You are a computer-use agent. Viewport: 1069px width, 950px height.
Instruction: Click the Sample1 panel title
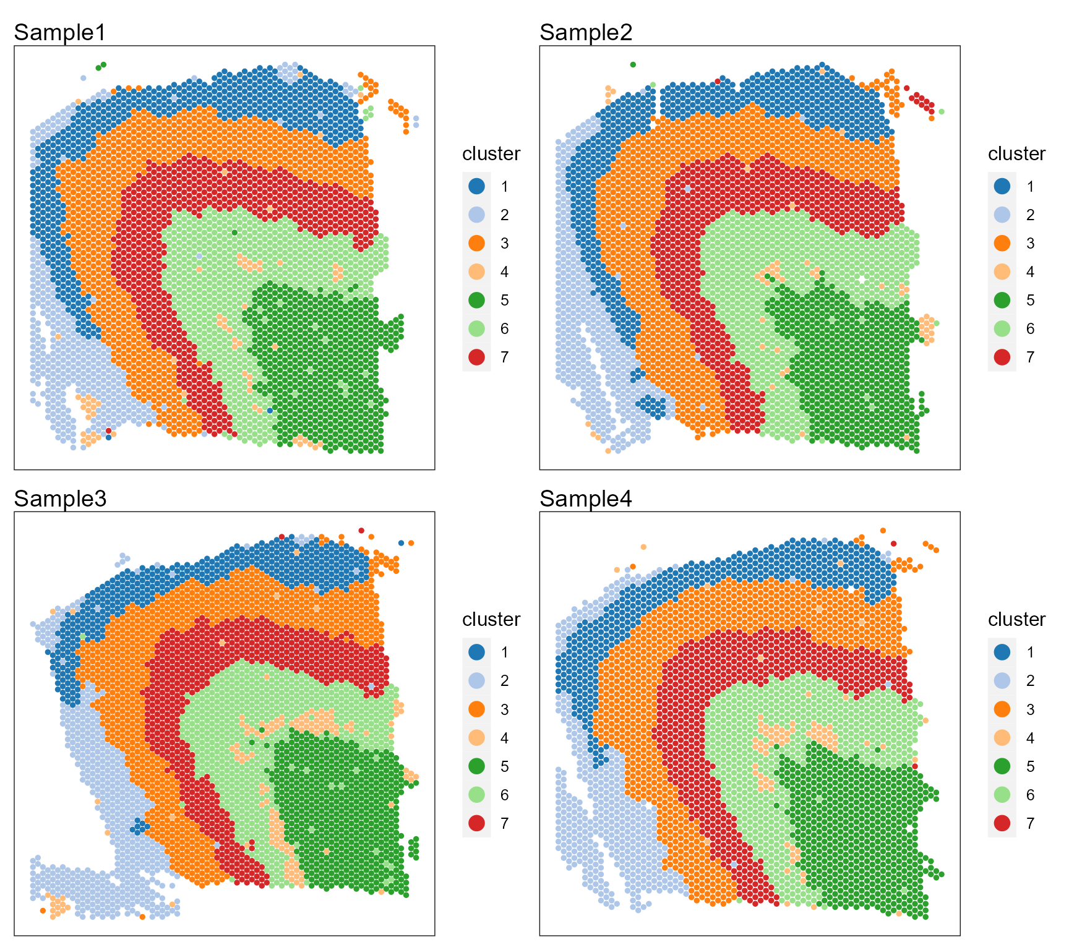[x=60, y=33]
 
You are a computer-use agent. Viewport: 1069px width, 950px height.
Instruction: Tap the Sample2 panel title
[x=586, y=33]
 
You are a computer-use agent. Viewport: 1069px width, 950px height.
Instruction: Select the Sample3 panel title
[x=60, y=499]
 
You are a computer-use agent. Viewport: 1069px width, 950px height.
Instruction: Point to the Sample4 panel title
[x=586, y=499]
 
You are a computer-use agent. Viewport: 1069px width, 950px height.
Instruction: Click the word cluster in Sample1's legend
[x=491, y=153]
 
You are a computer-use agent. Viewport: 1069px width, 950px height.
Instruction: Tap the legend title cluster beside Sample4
[x=1016, y=619]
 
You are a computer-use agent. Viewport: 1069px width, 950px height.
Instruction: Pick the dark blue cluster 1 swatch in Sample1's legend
[x=476, y=186]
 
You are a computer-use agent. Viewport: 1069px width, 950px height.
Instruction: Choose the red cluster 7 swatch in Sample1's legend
[x=476, y=357]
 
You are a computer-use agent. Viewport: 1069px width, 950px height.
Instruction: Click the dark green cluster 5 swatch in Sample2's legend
[x=1002, y=300]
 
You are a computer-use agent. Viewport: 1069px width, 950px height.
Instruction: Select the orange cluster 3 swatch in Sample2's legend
[x=1002, y=243]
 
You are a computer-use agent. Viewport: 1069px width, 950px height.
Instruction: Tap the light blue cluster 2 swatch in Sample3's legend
[x=476, y=680]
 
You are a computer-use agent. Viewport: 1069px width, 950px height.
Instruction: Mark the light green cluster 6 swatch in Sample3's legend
[x=476, y=795]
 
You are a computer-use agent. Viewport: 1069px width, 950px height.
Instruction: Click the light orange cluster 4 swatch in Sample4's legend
[x=1002, y=738]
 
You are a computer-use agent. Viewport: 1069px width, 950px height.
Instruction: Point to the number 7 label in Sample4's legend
[x=1030, y=823]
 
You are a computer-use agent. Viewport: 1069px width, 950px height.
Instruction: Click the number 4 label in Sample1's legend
[x=505, y=272]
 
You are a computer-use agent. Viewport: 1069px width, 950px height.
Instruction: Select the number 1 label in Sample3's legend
[x=505, y=652]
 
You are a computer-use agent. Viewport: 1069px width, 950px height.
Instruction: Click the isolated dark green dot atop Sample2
[x=632, y=64]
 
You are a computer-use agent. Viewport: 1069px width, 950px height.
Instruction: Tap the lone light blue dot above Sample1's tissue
[x=84, y=78]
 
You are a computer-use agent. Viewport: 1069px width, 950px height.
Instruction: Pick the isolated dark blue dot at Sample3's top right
[x=401, y=543]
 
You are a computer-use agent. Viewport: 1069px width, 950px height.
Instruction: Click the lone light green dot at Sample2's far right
[x=941, y=112]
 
